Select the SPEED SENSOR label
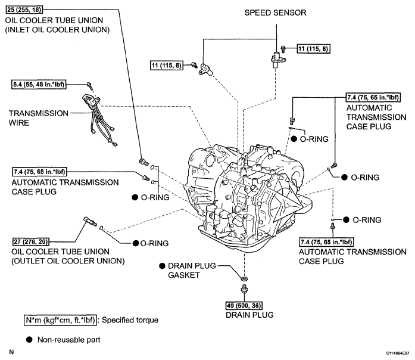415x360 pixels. point(275,13)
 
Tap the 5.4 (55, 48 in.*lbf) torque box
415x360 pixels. point(39,85)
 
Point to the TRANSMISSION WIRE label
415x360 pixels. point(39,118)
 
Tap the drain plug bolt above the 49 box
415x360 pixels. point(244,288)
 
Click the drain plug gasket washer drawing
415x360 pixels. point(244,278)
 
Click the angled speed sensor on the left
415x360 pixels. point(205,69)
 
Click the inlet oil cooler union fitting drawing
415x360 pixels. point(143,162)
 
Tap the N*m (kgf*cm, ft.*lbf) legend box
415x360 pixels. point(60,320)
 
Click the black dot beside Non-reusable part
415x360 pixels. point(29,340)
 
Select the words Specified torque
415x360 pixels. point(130,320)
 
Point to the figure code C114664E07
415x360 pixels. point(398,353)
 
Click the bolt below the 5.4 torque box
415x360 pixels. point(90,85)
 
